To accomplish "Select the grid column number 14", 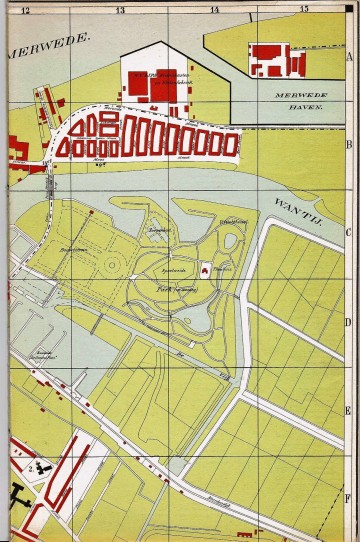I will (x=214, y=10).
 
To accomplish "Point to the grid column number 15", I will (x=303, y=10).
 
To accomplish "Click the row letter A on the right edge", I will (x=349, y=57).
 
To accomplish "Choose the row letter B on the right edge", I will (x=349, y=144).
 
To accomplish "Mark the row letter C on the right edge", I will (x=349, y=232).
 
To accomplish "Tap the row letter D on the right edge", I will (x=349, y=321).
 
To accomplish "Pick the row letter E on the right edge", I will (x=349, y=410).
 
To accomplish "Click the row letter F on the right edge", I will (x=349, y=497).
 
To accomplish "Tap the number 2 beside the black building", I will (x=32, y=467).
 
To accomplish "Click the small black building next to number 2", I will (x=45, y=468).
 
